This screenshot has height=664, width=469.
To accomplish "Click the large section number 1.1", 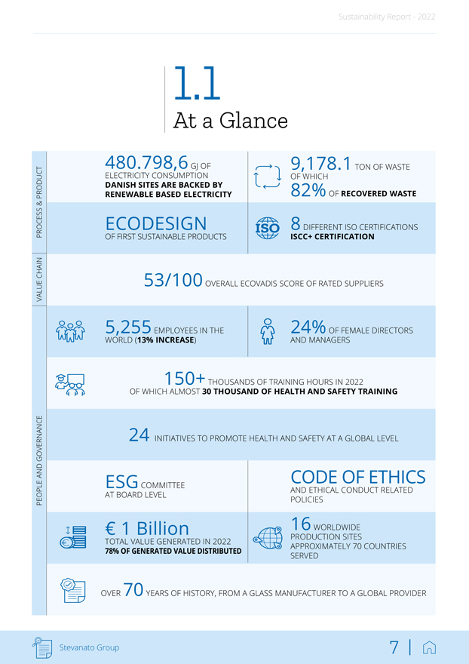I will tap(196, 85).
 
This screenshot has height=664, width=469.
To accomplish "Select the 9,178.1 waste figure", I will tap(320, 162).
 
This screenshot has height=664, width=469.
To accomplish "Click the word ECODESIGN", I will tap(156, 223).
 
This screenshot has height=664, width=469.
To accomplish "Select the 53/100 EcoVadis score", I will tap(173, 281).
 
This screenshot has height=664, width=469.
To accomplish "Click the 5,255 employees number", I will tap(128, 327).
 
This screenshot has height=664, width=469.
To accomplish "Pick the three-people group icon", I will tap(69, 332).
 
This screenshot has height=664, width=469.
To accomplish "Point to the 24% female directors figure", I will tap(308, 327).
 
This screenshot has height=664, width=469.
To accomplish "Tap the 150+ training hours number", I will tap(185, 377).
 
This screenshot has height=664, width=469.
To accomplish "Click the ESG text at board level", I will tap(121, 481).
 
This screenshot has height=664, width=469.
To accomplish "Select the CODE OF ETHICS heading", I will tap(357, 477).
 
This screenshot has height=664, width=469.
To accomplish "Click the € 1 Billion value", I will tap(147, 528).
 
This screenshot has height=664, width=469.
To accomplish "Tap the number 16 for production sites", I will tap(300, 524).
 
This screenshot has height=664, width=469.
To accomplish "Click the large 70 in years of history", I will tap(133, 590).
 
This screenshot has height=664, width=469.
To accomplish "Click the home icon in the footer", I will tap(430, 647).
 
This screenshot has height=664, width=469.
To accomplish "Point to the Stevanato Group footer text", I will tap(89, 647).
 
